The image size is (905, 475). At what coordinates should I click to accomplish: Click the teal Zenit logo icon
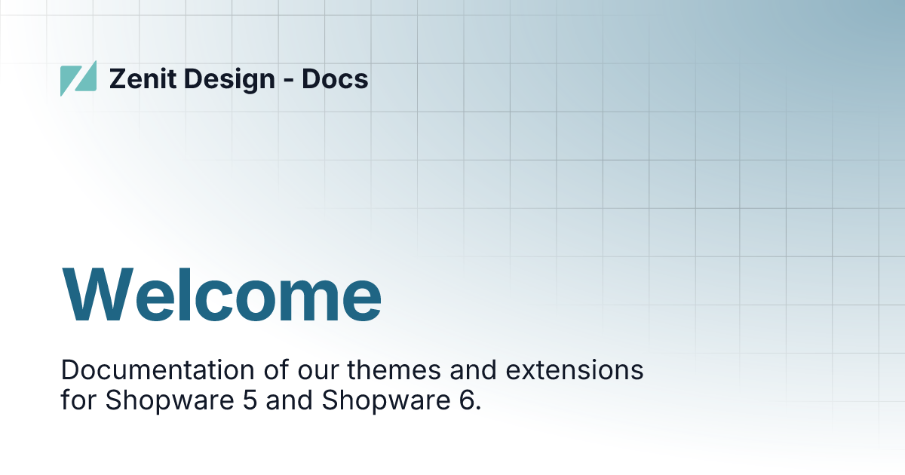point(78,78)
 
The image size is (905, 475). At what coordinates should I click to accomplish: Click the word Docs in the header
point(335,78)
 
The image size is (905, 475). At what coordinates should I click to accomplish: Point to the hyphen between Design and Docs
point(289,81)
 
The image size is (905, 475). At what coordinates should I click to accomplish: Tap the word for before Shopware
point(79,400)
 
